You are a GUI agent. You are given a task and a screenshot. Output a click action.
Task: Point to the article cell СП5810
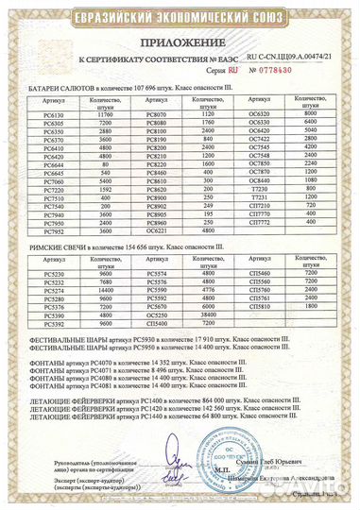pyautogui.click(x=258, y=280)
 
